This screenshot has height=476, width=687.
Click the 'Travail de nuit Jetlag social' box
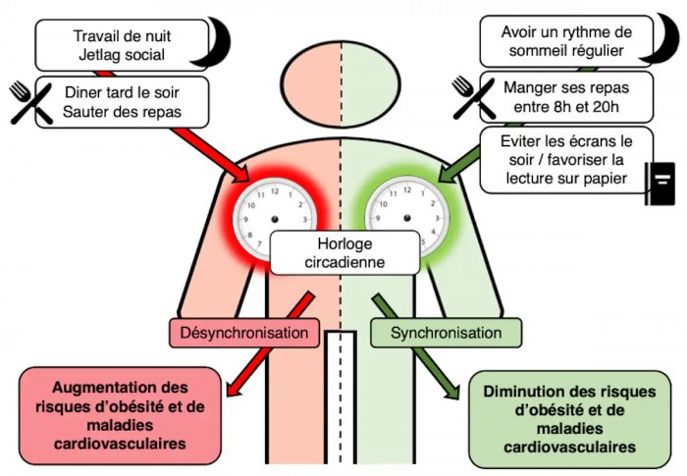[122, 45]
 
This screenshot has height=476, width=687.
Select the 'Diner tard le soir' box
[122, 102]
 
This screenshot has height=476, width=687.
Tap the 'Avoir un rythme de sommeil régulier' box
[566, 41]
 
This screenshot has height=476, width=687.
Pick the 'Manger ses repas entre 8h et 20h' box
[566, 97]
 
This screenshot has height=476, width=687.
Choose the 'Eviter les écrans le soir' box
[566, 160]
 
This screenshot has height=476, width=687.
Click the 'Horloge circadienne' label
[344, 253]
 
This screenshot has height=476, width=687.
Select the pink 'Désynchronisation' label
[244, 333]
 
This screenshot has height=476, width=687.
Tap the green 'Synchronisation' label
[446, 333]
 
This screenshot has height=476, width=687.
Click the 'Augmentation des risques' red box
[120, 415]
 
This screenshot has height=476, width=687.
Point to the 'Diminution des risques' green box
[569, 419]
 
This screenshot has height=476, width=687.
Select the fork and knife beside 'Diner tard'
[31, 103]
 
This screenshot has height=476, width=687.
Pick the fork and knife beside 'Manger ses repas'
[474, 98]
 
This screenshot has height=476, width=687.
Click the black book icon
[661, 184]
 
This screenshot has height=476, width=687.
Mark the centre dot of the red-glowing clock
[275, 219]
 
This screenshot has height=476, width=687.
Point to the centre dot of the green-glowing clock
[407, 218]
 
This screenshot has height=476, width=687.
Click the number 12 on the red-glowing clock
[275, 191]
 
